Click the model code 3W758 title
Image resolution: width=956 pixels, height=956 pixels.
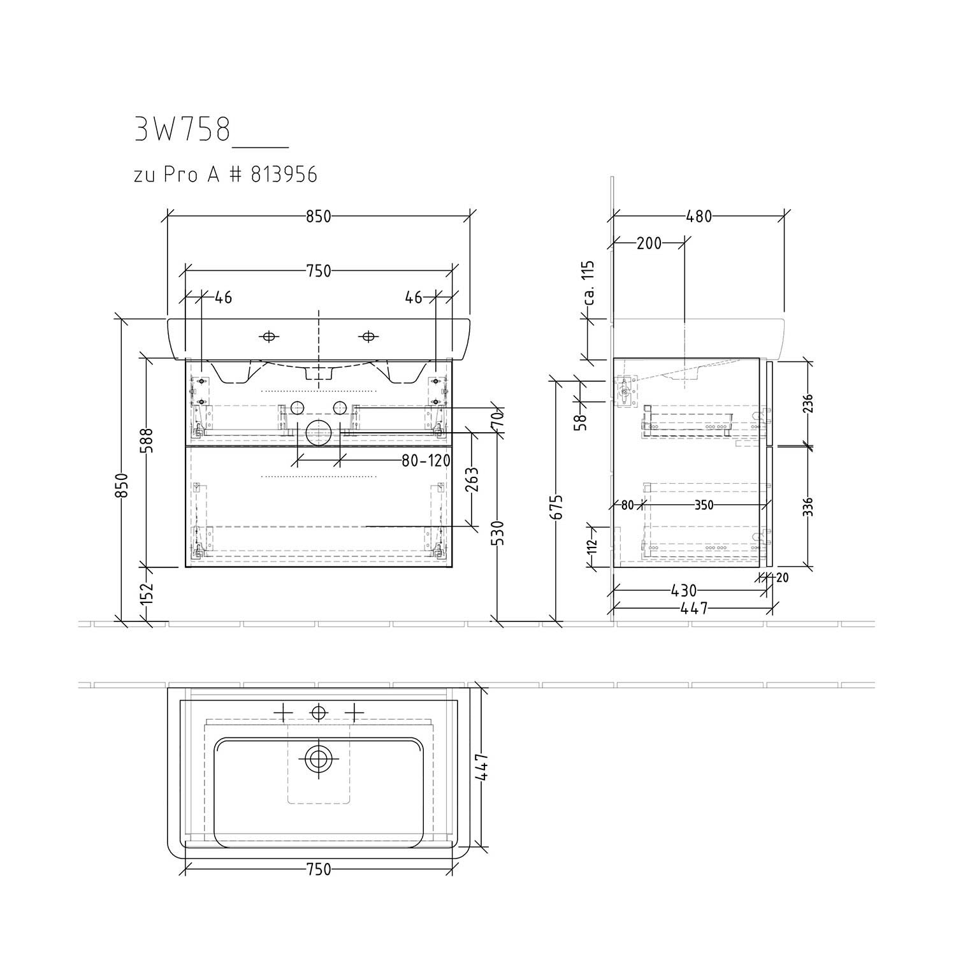182,130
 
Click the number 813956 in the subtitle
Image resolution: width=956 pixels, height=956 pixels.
284,174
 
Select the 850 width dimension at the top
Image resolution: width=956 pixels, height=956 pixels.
319,216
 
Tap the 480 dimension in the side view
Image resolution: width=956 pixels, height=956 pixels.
699,216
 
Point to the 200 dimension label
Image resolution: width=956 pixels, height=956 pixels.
649,243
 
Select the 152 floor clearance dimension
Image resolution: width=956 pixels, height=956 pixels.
147,593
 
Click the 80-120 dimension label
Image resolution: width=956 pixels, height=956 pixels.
426,460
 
